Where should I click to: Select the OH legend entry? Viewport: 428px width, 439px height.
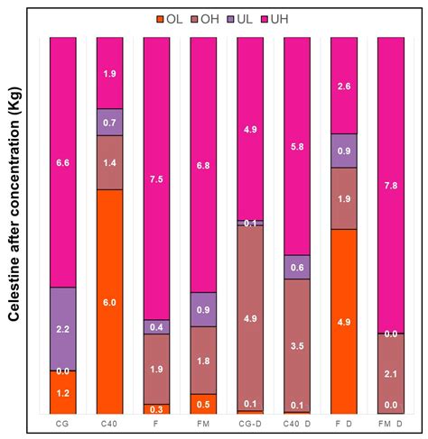click(209, 19)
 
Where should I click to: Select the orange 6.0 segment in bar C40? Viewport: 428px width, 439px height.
click(109, 301)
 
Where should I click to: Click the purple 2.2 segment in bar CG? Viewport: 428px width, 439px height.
click(62, 329)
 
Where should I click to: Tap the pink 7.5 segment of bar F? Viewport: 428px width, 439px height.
click(156, 178)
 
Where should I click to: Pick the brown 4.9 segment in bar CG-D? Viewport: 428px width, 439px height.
click(250, 316)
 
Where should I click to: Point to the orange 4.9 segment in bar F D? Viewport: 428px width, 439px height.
click(344, 320)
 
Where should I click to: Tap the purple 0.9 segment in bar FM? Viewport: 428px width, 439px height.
click(203, 309)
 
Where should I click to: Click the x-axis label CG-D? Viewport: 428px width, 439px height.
click(250, 421)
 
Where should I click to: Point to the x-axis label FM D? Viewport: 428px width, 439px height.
click(391, 421)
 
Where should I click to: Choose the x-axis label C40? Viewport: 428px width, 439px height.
click(109, 421)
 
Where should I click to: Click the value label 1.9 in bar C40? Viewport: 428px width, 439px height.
click(109, 74)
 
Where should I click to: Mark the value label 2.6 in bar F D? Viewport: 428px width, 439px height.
click(344, 86)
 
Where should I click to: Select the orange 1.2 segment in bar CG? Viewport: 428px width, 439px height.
click(62, 392)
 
